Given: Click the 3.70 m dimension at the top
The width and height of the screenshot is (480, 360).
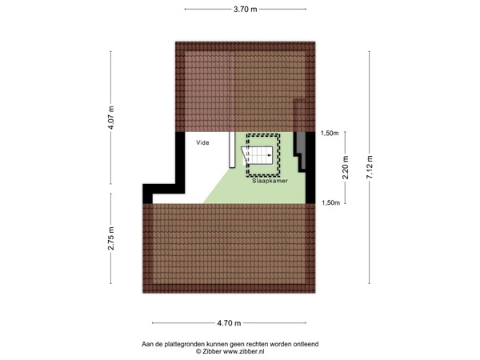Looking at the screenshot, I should click(245, 10).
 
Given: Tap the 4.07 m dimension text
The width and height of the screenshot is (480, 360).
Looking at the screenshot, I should click(111, 118).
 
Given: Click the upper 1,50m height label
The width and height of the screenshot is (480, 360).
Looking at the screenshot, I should click(330, 134).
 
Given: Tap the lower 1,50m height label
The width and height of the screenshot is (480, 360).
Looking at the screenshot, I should click(330, 203).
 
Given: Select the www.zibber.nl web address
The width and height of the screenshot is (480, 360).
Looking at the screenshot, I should click(242, 350).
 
